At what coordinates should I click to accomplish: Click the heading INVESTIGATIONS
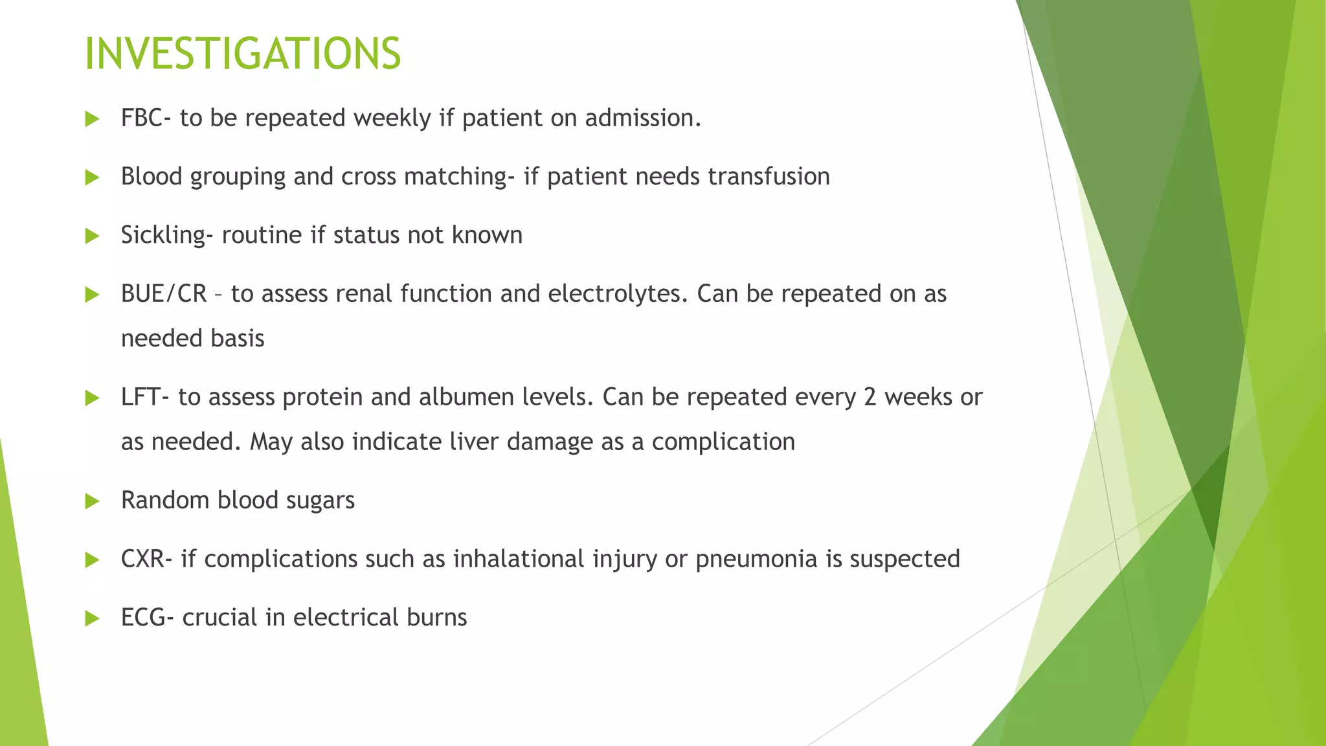243,54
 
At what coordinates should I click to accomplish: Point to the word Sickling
163,235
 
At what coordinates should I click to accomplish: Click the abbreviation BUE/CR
163,294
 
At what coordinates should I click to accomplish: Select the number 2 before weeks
870,397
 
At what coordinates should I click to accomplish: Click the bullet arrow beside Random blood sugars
92,501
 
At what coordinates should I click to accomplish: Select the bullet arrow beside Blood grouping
92,177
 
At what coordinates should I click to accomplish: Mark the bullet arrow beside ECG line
92,618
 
